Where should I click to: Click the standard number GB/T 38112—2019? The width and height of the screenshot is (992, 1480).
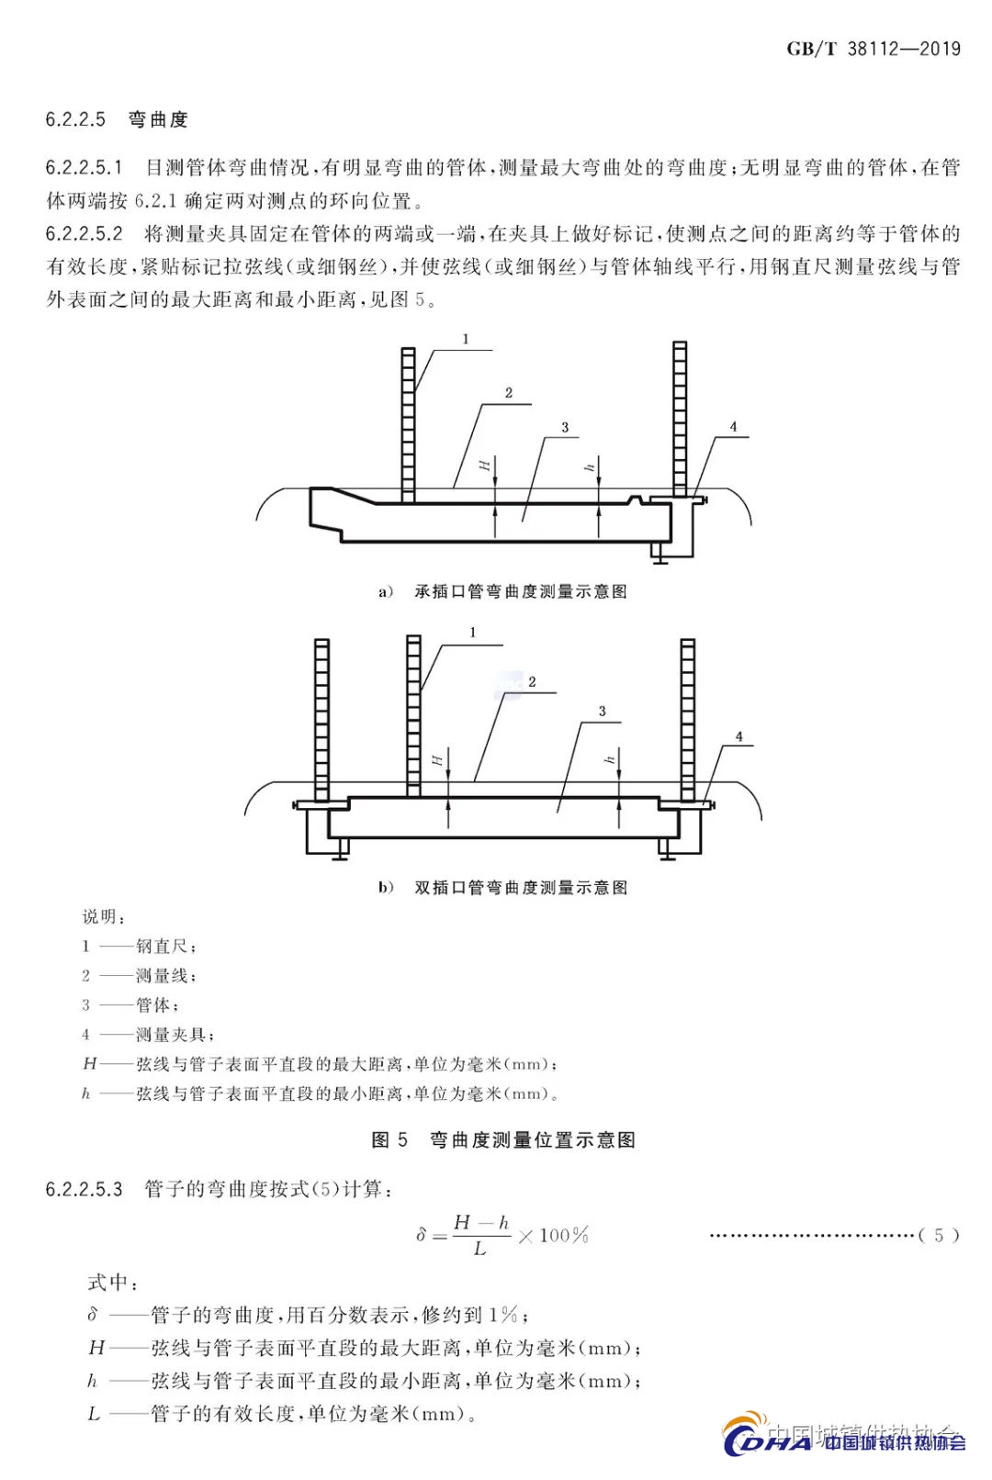pyautogui.click(x=873, y=49)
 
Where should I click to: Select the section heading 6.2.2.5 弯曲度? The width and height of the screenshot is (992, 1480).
pyautogui.click(x=117, y=119)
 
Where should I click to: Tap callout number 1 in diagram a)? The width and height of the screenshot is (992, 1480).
pyautogui.click(x=466, y=340)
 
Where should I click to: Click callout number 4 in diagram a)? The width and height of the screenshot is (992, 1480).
pyautogui.click(x=733, y=427)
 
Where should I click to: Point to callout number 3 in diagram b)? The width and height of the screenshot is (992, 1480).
pyautogui.click(x=603, y=712)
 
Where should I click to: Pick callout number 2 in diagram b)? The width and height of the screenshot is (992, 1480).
pyautogui.click(x=532, y=682)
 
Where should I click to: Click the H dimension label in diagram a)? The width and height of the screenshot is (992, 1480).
pyautogui.click(x=484, y=465)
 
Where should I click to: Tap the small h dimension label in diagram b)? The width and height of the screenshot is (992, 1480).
pyautogui.click(x=609, y=759)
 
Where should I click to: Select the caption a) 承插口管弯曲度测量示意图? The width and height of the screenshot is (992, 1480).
pyautogui.click(x=503, y=591)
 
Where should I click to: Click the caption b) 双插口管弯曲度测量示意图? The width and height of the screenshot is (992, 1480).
pyautogui.click(x=503, y=887)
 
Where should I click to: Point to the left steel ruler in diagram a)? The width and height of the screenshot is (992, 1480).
pyautogui.click(x=408, y=422)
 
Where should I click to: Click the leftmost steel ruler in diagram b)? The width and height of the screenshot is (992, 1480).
pyautogui.click(x=321, y=721)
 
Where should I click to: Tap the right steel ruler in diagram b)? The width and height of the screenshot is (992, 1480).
pyautogui.click(x=688, y=721)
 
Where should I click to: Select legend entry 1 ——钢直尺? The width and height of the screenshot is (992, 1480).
pyautogui.click(x=139, y=946)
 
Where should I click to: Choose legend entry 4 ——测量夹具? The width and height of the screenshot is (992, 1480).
pyautogui.click(x=148, y=1035)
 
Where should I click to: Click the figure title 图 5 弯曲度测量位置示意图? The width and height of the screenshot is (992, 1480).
pyautogui.click(x=503, y=1139)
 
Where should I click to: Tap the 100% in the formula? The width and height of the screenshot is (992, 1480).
pyautogui.click(x=563, y=1235)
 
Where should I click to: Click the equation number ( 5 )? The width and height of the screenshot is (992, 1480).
pyautogui.click(x=939, y=1235)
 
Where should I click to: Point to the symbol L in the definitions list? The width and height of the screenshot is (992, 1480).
pyautogui.click(x=94, y=1414)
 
